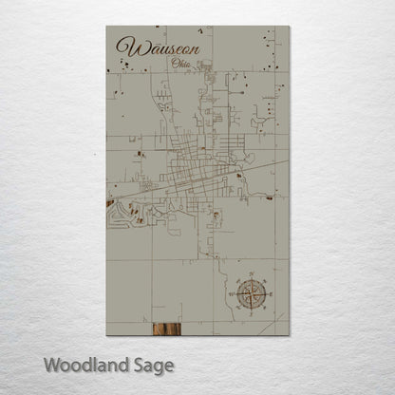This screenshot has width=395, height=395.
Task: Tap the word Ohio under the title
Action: (176, 64)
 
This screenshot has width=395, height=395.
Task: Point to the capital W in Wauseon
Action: (122, 47)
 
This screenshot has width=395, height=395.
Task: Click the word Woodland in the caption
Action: (82, 364)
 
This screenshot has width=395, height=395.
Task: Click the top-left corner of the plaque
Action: (107, 26)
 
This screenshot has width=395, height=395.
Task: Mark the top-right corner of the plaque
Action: (289, 26)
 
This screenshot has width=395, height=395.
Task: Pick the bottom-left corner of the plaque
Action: (107, 334)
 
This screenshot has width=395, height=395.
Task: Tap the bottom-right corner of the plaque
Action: (289, 334)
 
